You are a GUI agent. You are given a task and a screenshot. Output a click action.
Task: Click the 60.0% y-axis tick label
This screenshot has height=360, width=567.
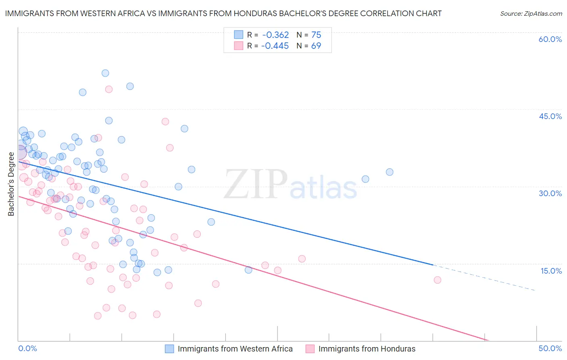point(550,39)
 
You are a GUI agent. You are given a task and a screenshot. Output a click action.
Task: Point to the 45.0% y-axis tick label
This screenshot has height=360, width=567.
point(550,116)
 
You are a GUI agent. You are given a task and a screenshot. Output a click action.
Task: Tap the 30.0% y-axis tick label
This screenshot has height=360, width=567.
point(550,193)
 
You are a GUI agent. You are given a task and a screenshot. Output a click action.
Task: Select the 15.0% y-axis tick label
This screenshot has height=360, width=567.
point(551,271)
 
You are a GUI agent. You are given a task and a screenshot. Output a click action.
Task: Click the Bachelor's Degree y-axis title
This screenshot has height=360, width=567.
point(11,184)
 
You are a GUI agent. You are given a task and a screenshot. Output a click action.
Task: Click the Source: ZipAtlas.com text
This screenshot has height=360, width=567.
point(531,13)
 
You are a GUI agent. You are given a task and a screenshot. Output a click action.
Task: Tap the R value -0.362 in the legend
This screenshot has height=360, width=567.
point(275,35)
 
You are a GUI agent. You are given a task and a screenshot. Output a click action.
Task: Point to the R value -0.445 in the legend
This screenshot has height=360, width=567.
point(275,46)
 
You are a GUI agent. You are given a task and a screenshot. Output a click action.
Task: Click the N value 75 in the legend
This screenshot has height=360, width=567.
point(316,35)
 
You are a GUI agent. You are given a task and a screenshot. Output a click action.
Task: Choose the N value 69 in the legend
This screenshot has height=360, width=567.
point(316,46)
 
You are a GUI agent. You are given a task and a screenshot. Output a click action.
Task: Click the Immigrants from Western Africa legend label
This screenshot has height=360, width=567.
point(235,349)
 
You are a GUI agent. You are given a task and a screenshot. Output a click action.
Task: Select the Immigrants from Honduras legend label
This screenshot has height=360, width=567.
point(367,349)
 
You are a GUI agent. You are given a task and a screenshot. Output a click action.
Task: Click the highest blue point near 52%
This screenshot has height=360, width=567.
point(105,73)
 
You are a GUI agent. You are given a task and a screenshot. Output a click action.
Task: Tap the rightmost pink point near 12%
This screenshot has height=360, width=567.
point(437,280)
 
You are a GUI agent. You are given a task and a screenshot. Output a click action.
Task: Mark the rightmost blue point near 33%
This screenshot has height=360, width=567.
point(389,172)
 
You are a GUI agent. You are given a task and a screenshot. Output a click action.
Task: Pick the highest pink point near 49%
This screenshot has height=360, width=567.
point(108,89)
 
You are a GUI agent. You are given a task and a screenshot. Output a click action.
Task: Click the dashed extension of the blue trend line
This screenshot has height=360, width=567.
point(484,278)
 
